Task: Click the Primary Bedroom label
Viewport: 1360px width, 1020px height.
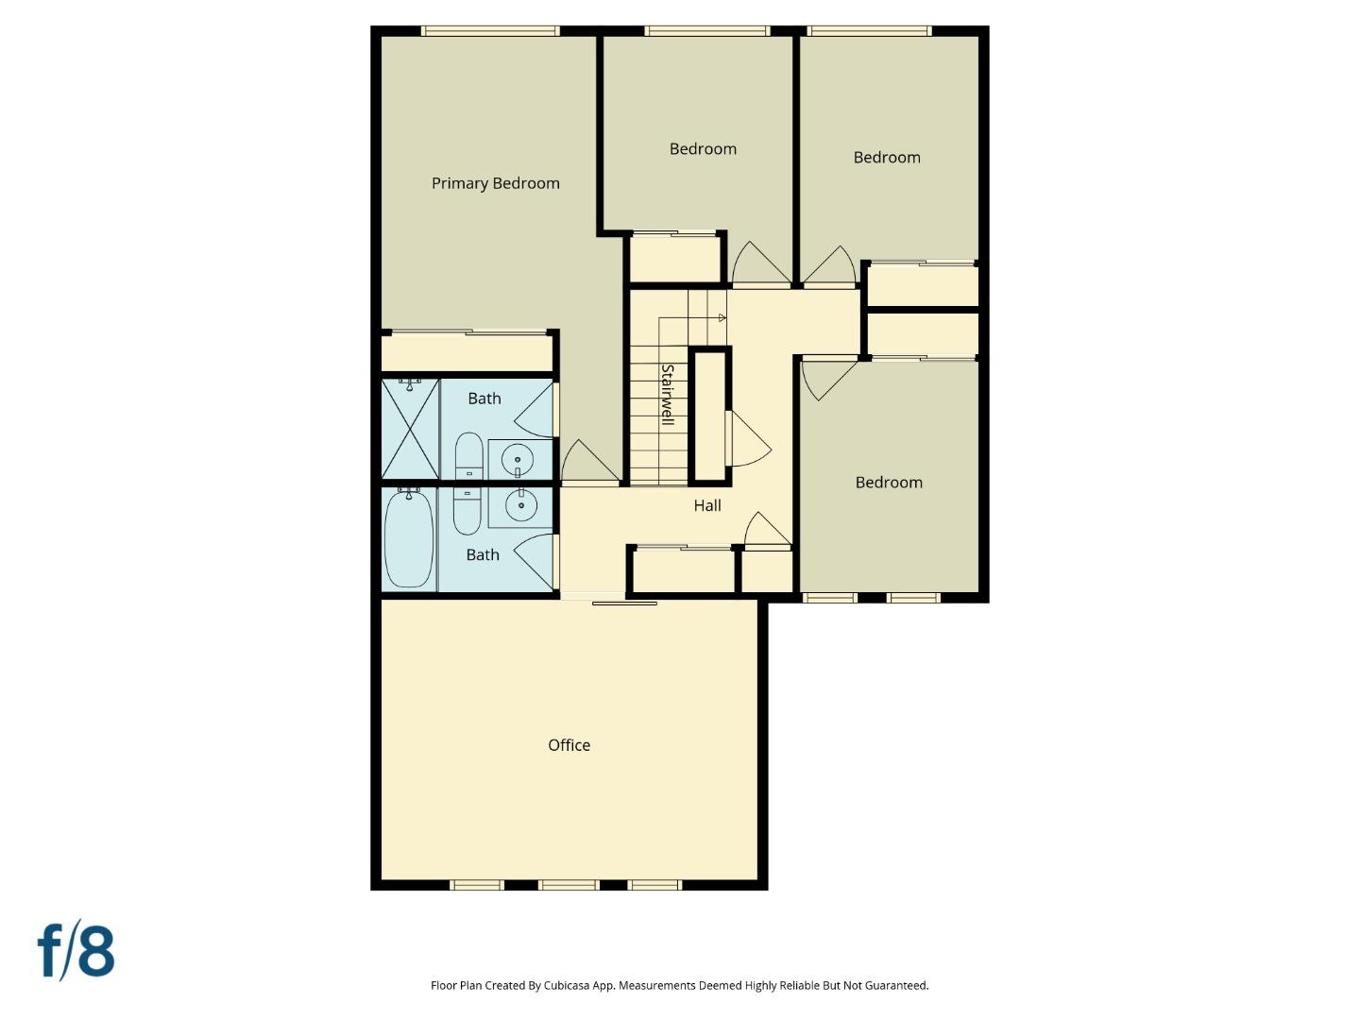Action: (x=495, y=183)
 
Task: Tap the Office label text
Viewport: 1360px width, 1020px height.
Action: (x=569, y=745)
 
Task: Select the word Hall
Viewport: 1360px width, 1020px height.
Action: (x=707, y=505)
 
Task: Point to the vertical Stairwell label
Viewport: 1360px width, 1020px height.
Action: (x=667, y=395)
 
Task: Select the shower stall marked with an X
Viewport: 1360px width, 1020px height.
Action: (x=410, y=429)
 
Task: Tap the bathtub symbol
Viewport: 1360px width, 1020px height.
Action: (x=409, y=537)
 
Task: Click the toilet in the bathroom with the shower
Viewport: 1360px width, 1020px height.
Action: (x=469, y=457)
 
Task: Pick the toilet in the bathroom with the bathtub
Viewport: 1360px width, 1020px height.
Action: (x=467, y=510)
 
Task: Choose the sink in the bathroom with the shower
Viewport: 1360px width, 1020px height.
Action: (x=518, y=461)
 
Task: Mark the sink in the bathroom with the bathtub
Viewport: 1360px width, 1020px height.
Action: (x=520, y=505)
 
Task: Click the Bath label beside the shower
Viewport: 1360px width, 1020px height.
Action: (x=484, y=399)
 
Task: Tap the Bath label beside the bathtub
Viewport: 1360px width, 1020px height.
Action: (x=483, y=554)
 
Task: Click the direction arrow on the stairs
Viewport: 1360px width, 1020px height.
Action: (x=722, y=318)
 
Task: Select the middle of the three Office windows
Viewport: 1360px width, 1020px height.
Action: (x=569, y=885)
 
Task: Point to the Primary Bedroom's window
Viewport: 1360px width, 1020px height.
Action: (x=490, y=31)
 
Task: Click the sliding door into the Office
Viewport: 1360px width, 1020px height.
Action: (x=623, y=601)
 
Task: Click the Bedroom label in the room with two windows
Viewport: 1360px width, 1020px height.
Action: (x=889, y=483)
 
